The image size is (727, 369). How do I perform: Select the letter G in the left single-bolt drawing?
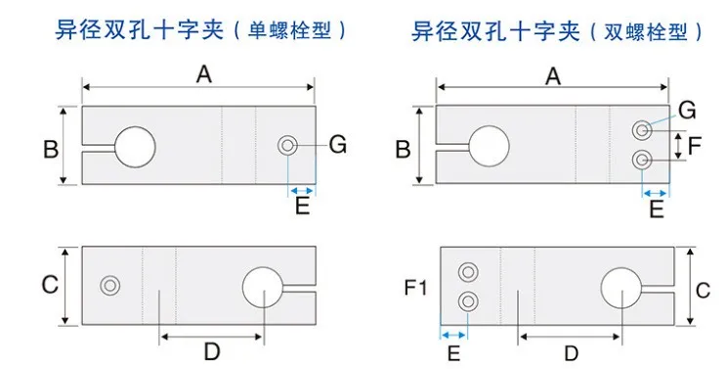click(x=337, y=145)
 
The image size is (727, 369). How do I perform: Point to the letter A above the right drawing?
click(x=553, y=74)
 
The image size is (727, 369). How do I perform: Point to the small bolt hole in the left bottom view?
click(x=109, y=285)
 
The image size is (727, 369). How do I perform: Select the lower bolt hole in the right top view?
click(x=641, y=159)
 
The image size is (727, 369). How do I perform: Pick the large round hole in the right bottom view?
click(x=621, y=291)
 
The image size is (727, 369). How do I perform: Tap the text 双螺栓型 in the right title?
click(x=649, y=31)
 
